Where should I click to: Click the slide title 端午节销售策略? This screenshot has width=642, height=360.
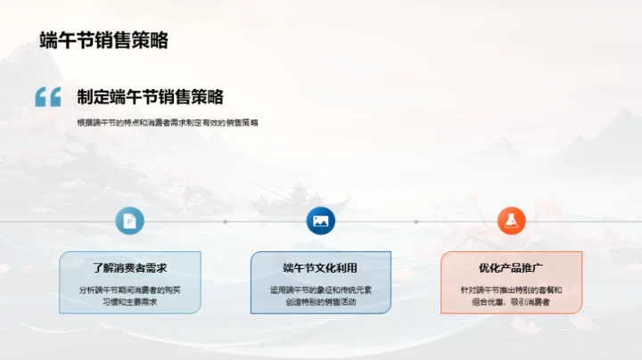(104, 40)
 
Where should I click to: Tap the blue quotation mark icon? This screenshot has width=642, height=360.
(48, 97)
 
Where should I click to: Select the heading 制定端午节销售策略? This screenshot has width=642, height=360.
(150, 97)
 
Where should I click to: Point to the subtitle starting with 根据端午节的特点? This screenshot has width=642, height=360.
(167, 122)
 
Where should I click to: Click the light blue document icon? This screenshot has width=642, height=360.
(130, 221)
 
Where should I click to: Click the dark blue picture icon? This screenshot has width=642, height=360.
(320, 221)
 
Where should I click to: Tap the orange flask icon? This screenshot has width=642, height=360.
(511, 221)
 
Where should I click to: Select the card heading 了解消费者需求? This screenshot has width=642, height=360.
(130, 266)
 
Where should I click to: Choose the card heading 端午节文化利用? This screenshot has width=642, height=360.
(320, 266)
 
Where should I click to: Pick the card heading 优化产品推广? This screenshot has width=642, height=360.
(511, 266)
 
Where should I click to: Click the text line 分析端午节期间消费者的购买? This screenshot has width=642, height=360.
(130, 290)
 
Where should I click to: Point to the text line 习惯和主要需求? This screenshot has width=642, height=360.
(130, 302)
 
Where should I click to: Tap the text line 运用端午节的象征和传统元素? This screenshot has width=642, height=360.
(320, 290)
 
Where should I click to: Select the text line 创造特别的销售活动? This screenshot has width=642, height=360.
(320, 302)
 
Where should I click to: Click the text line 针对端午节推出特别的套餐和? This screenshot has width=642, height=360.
(511, 290)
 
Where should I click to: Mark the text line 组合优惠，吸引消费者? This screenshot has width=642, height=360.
(511, 302)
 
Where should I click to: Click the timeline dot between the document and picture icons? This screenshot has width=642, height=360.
(226, 221)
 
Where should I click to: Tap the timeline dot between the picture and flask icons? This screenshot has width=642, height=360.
(416, 221)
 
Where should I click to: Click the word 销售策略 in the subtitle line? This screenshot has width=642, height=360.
(243, 122)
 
